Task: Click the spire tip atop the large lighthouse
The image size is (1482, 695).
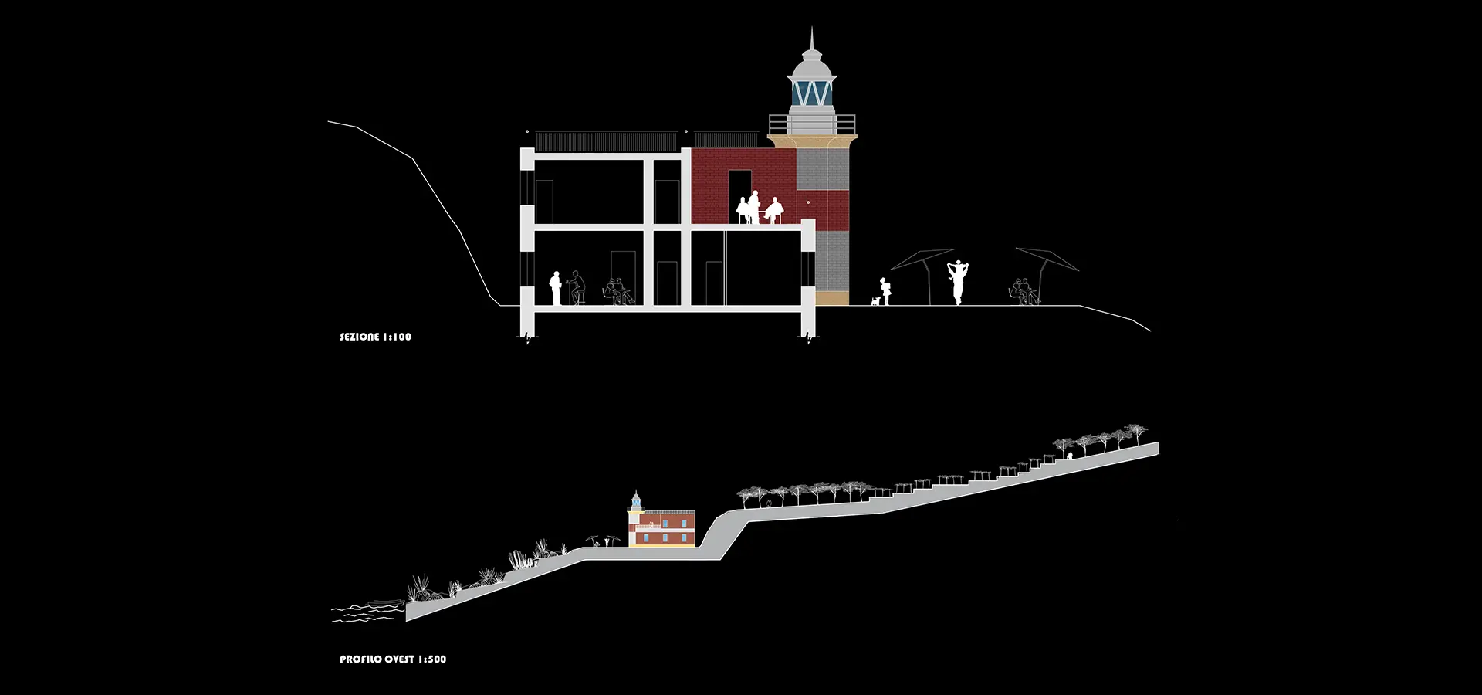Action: [811, 28]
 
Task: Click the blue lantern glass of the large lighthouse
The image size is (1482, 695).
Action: [812, 93]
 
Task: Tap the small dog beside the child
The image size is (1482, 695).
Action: [875, 300]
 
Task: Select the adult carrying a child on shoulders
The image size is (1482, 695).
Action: [958, 283]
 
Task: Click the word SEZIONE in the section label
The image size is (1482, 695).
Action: [360, 337]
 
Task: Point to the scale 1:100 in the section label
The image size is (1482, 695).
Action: [398, 337]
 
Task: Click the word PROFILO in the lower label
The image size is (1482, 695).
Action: [361, 659]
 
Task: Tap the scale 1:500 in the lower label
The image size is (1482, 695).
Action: [432, 659]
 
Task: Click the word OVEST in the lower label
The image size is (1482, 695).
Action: [400, 659]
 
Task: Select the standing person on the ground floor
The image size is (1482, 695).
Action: [555, 288]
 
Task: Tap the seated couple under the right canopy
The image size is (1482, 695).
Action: [1024, 292]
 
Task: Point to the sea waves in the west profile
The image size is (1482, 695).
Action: [367, 612]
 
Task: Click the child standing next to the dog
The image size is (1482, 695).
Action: [887, 292]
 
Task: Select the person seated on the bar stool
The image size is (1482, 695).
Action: [576, 287]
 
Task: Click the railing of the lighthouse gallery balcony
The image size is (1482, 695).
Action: [812, 124]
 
